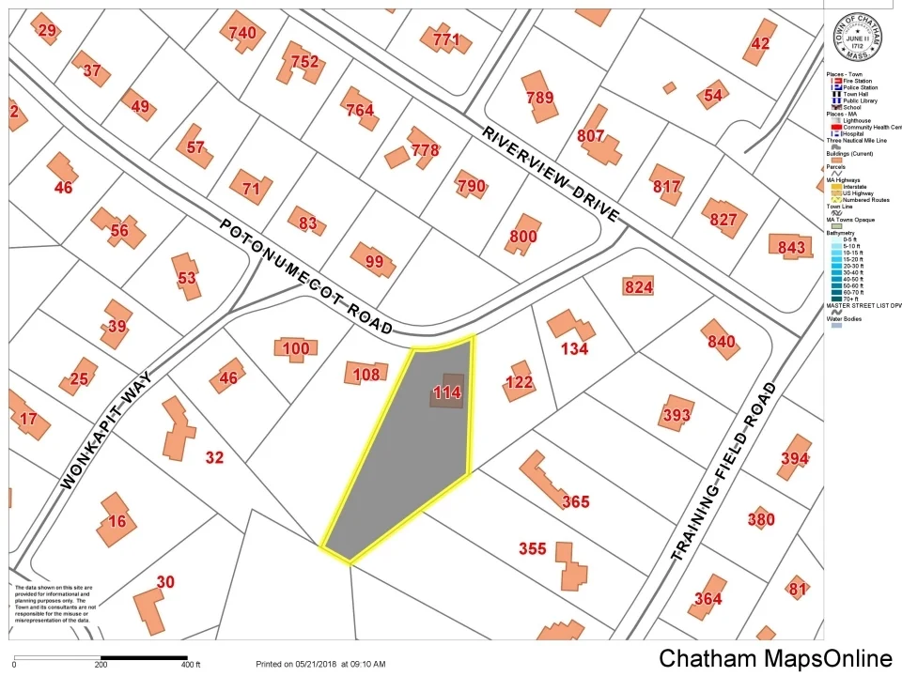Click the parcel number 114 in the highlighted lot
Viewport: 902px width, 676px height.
447,393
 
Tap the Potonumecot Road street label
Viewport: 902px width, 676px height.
306,278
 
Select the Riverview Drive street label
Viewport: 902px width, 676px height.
552,175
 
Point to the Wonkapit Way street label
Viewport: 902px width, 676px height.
108,430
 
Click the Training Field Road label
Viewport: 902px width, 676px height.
725,472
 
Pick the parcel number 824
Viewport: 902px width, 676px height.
639,286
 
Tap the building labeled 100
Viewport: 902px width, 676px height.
295,349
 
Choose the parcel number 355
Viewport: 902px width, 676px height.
533,548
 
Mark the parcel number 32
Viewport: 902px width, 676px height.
215,458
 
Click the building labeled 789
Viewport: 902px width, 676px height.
540,97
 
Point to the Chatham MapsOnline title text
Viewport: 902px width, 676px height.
775,658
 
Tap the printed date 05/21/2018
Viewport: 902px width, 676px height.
315,665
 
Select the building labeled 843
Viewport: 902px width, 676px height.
791,247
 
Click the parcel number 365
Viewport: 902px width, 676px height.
575,501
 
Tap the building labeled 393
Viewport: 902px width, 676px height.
676,415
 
